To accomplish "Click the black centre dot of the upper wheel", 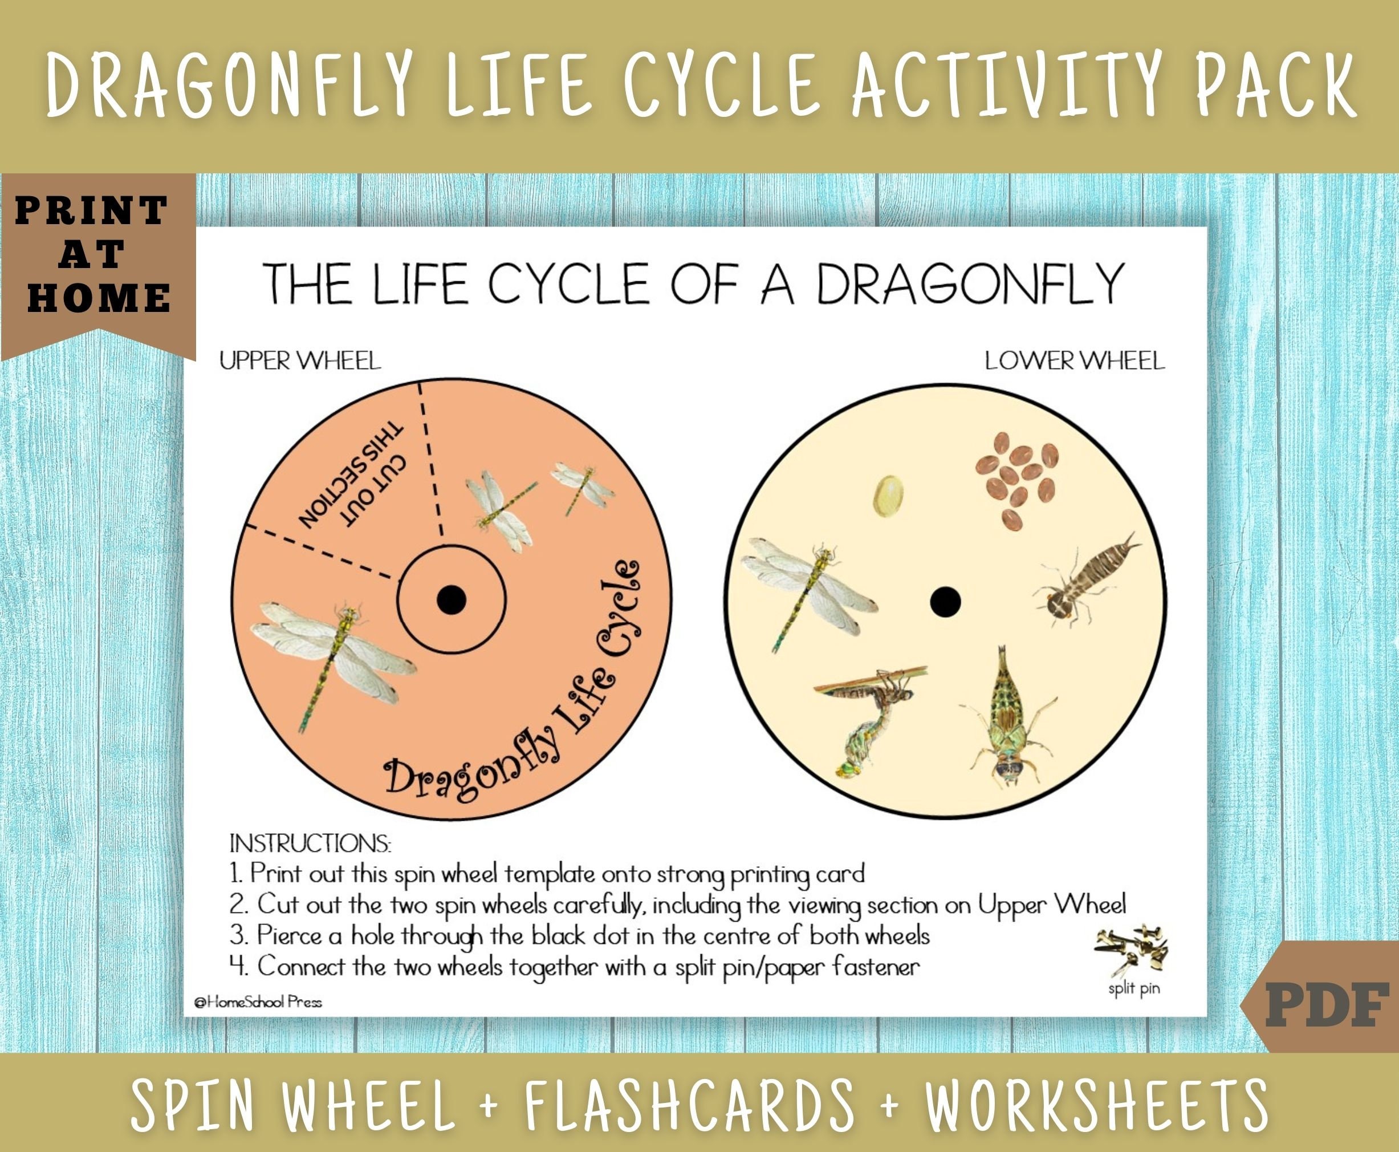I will pyautogui.click(x=452, y=600).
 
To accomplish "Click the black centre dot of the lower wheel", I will pyautogui.click(x=945, y=602).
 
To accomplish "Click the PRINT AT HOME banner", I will pyautogui.click(x=93, y=254).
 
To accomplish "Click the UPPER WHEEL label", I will pyautogui.click(x=300, y=361).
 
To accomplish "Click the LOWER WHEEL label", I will pyautogui.click(x=1074, y=361).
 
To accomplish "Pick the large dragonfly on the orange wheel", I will pyautogui.click(x=332, y=654).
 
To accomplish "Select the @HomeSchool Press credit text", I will pyautogui.click(x=258, y=1002).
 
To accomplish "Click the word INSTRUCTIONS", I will pyautogui.click(x=310, y=844).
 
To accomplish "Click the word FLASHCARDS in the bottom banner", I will pyautogui.click(x=690, y=1105).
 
